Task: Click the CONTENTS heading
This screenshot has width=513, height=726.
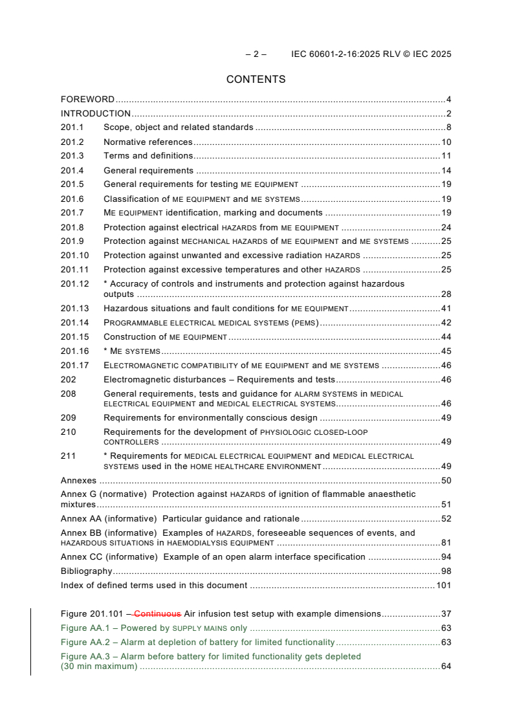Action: point(256,80)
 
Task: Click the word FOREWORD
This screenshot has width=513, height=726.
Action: point(87,100)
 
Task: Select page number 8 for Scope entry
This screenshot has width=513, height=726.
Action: point(448,128)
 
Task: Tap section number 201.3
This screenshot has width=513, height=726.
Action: point(72,156)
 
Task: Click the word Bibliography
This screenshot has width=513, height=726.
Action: point(86,571)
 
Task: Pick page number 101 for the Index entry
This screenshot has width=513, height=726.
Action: point(443,586)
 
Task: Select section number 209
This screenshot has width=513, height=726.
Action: point(68,418)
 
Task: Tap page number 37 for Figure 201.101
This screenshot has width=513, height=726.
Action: point(446,613)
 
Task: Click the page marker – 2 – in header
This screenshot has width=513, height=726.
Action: point(256,54)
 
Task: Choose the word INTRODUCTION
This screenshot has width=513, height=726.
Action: point(96,114)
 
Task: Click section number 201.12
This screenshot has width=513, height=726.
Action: point(74,283)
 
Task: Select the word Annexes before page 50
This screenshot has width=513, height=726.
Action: point(78,481)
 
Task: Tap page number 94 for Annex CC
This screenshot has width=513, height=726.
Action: point(446,557)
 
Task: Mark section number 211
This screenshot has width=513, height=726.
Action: point(68,456)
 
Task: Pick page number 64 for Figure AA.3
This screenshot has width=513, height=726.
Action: point(446,666)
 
